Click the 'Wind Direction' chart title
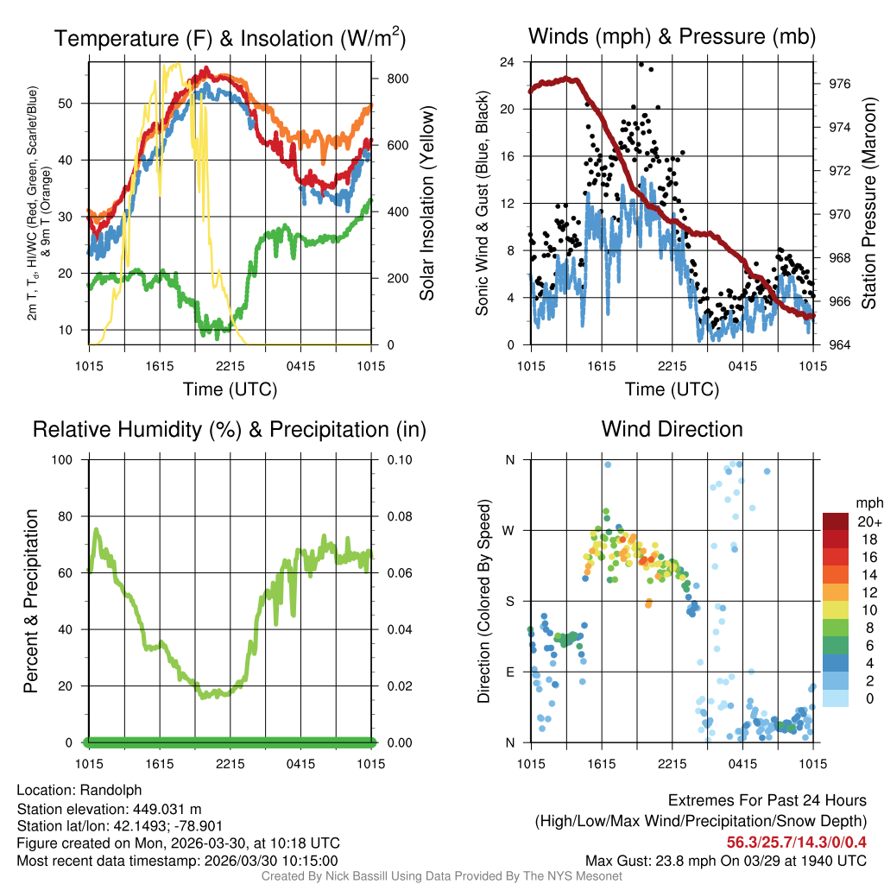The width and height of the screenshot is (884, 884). [672, 429]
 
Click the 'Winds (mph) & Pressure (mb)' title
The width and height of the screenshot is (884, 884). [672, 37]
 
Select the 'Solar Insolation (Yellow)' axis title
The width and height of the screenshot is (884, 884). [426, 204]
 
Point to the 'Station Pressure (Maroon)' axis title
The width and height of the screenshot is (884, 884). [868, 204]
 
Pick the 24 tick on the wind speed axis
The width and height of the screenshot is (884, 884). [508, 62]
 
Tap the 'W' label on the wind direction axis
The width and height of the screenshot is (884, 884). [509, 530]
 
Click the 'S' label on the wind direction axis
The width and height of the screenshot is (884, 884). [509, 601]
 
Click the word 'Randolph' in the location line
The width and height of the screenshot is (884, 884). [111, 790]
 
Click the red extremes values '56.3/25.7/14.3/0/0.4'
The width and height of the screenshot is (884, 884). [796, 843]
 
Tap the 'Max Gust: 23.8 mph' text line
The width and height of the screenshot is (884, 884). [725, 861]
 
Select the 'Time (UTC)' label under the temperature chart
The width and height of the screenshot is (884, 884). [230, 389]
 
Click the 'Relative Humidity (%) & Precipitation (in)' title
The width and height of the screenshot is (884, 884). [230, 429]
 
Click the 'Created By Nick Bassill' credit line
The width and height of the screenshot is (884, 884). [442, 876]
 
